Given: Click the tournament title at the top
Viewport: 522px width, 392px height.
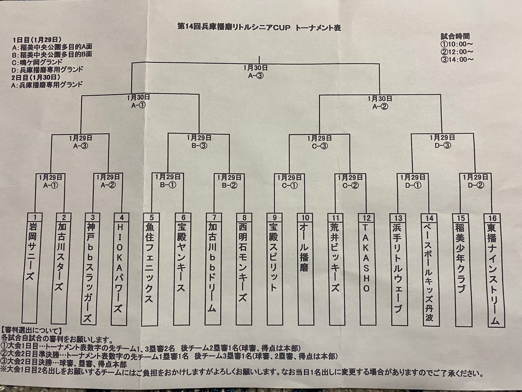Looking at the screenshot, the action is click(x=259, y=27).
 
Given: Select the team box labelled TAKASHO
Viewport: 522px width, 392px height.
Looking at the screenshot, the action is click(x=366, y=270).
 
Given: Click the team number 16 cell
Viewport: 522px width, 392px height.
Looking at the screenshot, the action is click(x=492, y=218).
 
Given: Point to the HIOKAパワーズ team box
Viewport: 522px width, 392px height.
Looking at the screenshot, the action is click(x=120, y=269).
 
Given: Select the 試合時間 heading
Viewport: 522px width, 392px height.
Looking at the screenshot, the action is click(x=455, y=36).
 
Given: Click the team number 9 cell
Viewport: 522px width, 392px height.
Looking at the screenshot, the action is click(x=274, y=218).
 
